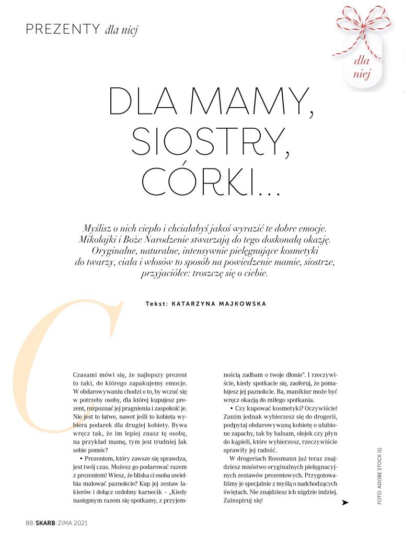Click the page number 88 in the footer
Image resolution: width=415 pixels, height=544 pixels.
[29, 523]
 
